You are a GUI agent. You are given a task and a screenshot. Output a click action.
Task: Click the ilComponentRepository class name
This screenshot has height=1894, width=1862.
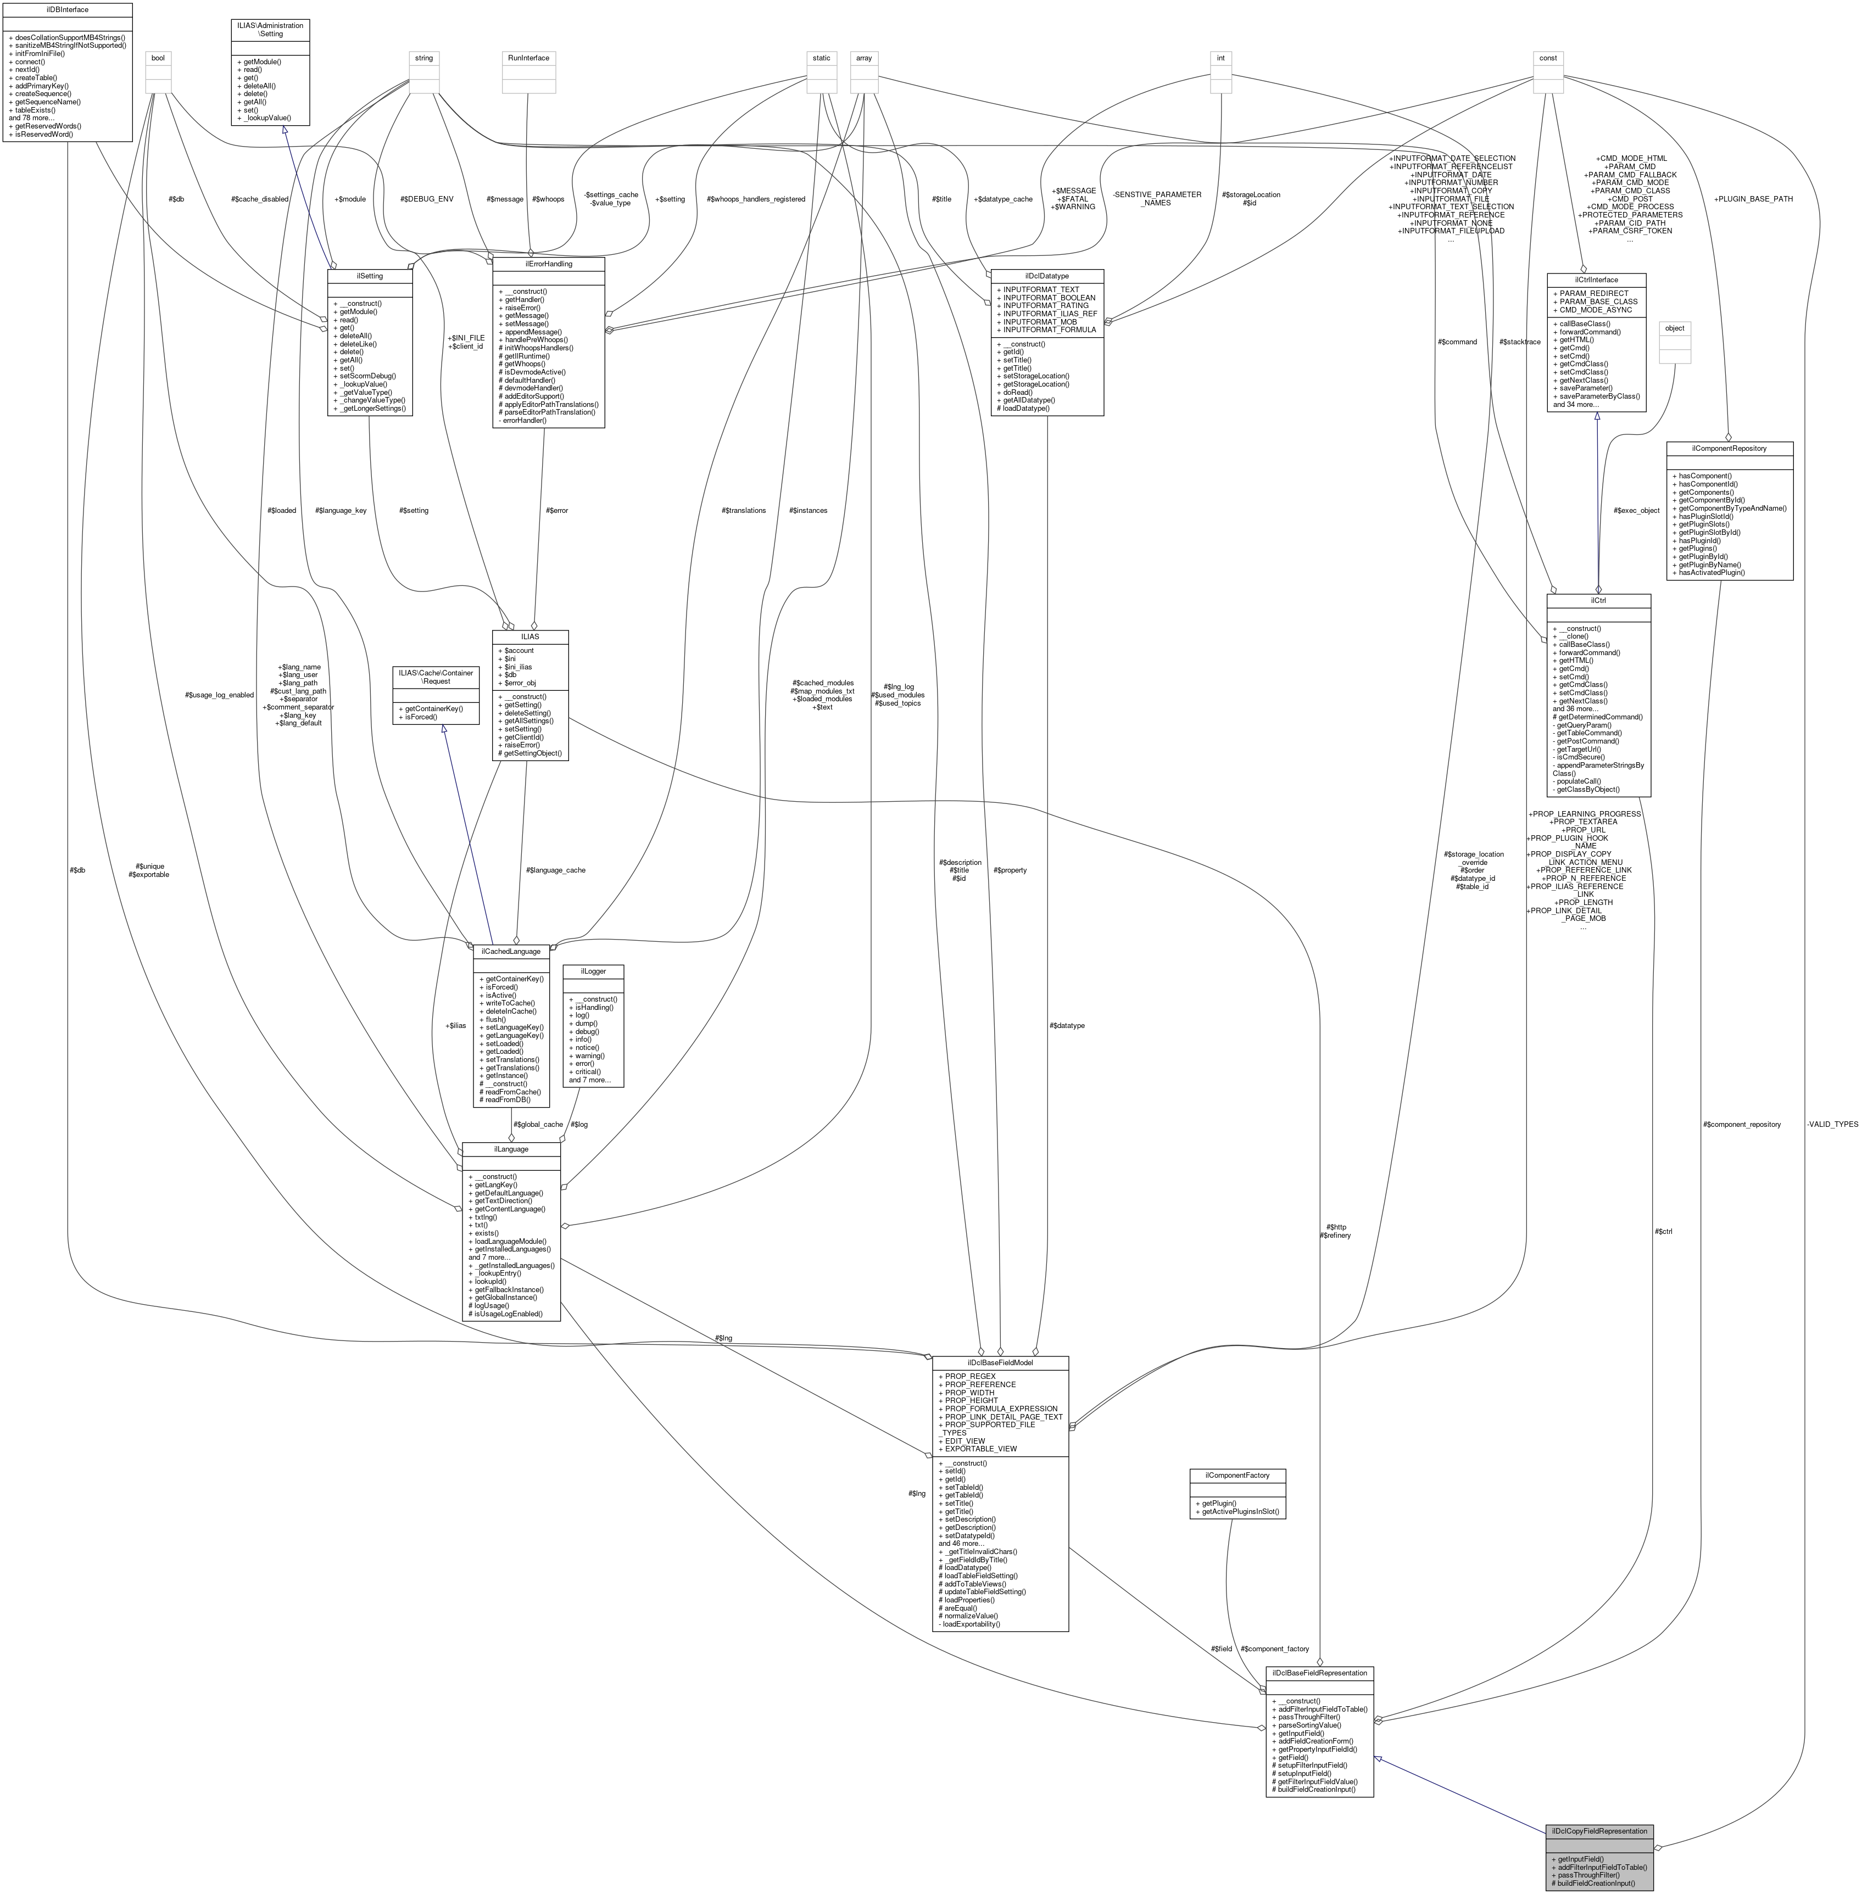1729,448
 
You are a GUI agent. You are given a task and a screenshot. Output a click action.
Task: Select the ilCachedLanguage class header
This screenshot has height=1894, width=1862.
510,952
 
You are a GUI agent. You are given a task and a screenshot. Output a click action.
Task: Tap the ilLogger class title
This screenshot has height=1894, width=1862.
593,971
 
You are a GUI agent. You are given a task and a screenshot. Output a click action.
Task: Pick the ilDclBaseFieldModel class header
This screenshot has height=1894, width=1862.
1000,1362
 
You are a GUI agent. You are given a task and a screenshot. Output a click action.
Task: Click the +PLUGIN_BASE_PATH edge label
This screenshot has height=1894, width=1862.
1753,198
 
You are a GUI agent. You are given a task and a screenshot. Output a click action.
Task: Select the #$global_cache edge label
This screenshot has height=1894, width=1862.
538,1125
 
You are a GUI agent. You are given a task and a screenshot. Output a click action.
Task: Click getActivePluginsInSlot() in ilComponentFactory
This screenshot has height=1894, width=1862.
1236,1512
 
